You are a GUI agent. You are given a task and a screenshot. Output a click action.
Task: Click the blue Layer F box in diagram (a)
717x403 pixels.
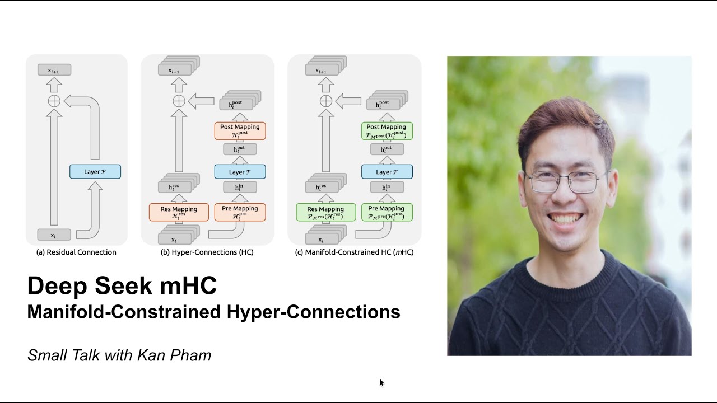pos(95,171)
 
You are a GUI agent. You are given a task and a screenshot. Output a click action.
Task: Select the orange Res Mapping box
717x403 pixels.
pos(179,212)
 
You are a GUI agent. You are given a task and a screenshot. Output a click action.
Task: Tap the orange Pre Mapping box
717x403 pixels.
pos(240,212)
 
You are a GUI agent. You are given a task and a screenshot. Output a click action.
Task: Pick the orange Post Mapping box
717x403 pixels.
pos(240,130)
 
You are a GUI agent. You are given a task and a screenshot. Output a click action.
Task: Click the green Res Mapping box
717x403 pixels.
pos(325,212)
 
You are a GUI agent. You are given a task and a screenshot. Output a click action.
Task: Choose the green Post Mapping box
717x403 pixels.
pos(387,130)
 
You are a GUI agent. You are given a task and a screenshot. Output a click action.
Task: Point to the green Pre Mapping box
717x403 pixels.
pos(387,212)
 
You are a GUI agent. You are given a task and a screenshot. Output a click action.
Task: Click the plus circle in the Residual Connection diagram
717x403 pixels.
pos(54,101)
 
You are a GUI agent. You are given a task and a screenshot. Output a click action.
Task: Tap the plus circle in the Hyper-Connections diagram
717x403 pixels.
pos(178,101)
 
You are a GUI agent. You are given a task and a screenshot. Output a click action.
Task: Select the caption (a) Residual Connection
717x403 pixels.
pos(76,252)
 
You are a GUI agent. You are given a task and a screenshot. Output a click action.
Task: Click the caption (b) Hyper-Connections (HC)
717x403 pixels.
pos(207,252)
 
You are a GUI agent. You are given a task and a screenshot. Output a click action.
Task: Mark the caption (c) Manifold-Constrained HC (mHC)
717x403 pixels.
pos(354,252)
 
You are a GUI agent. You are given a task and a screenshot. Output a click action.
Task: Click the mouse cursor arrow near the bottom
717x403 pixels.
pos(381,382)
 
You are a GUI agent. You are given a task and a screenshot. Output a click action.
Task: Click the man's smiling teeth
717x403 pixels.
pos(567,217)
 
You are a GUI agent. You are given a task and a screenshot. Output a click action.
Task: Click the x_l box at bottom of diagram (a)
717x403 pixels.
pos(54,235)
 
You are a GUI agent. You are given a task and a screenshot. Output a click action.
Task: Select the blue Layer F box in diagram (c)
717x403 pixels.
pos(387,171)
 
